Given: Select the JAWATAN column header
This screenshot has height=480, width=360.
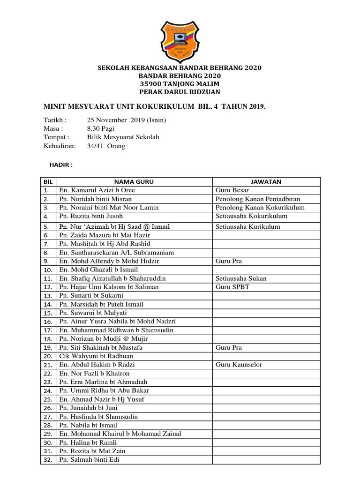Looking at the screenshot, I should coord(266,182).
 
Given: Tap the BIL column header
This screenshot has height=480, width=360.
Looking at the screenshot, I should coord(47,182).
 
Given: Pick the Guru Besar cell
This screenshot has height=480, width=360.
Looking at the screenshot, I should coord(232,190).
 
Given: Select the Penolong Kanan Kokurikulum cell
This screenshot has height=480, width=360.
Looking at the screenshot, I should coord(260,207).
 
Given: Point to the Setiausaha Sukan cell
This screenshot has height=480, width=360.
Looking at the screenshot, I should coord(241,278).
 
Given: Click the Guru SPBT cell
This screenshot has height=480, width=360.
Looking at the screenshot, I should coord(232,287).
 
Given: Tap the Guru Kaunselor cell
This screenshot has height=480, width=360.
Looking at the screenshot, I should coord(239,365).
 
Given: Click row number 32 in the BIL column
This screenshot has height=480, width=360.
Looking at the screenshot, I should coord(47,460).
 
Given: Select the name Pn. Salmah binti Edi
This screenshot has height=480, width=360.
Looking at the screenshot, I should coord(89,460).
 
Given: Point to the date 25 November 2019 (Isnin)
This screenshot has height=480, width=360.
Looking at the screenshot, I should coord(126,120).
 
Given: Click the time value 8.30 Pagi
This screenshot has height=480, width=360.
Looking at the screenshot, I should coord(100,128).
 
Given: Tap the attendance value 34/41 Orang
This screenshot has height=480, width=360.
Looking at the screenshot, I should coord(106,146).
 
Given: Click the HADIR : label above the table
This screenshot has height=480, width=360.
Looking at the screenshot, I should coord(61,165).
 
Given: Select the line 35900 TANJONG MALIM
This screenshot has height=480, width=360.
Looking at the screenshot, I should coord(180,83).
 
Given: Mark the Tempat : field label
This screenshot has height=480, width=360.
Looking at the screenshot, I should coord(56,137).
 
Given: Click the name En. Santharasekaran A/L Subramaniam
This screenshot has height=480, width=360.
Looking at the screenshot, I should coord(116,253).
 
